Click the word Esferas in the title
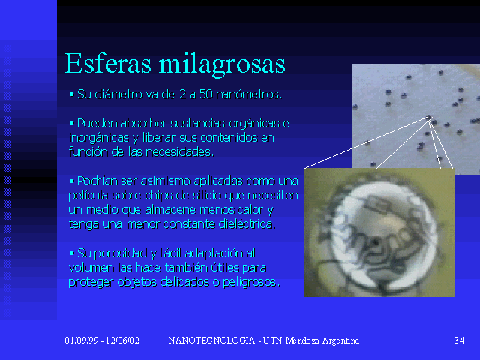[x=108, y=63]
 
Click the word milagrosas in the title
[x=222, y=65]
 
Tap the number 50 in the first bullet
[x=206, y=94]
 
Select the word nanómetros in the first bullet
[x=249, y=94]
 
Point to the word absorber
[x=143, y=123]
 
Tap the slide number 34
[x=459, y=340]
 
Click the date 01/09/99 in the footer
[x=82, y=340]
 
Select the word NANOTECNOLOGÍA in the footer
[x=211, y=340]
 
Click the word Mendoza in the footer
[x=303, y=340]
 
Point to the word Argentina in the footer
[x=340, y=340]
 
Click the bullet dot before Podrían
[x=72, y=181]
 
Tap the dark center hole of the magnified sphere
[x=375, y=243]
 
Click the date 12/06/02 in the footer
[x=122, y=340]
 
